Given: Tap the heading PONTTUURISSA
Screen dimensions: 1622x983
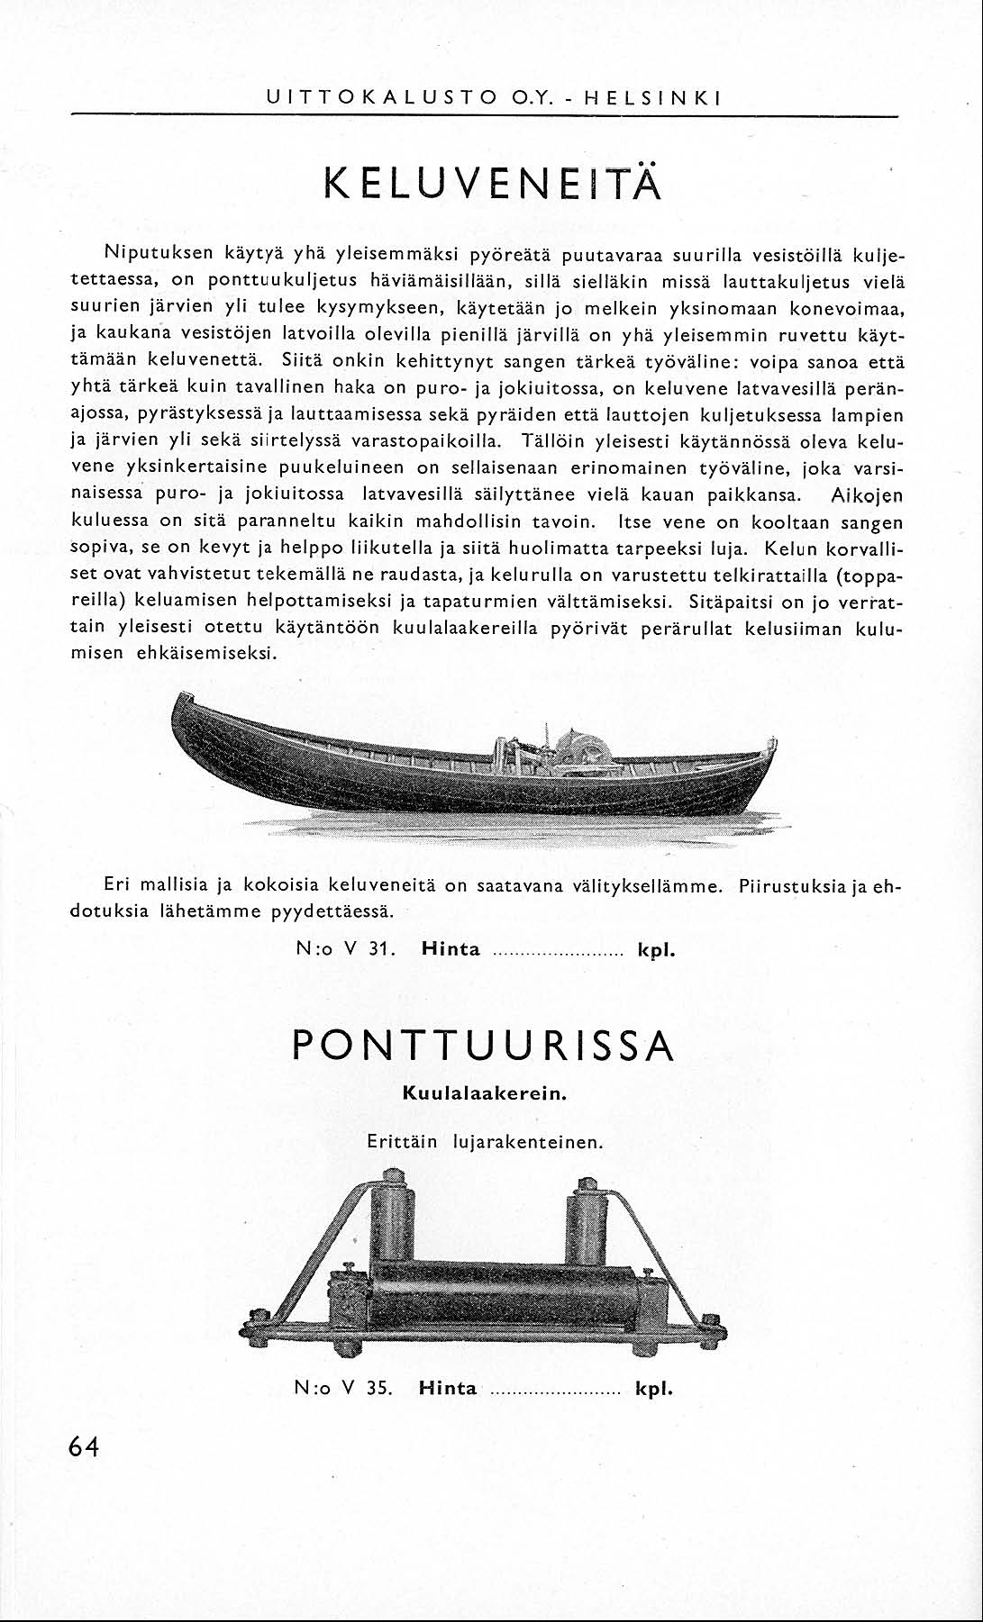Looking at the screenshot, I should (483, 1046).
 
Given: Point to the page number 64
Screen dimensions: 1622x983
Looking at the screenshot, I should (83, 1446).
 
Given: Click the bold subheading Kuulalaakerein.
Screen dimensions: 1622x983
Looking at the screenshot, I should (483, 1094).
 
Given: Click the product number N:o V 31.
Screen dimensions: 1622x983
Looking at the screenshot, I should (346, 949).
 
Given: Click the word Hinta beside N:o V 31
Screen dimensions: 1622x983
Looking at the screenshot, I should (451, 949).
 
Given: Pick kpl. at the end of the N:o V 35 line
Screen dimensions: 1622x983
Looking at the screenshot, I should (655, 1388).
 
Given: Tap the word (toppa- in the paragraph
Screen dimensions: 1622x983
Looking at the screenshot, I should (870, 574).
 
